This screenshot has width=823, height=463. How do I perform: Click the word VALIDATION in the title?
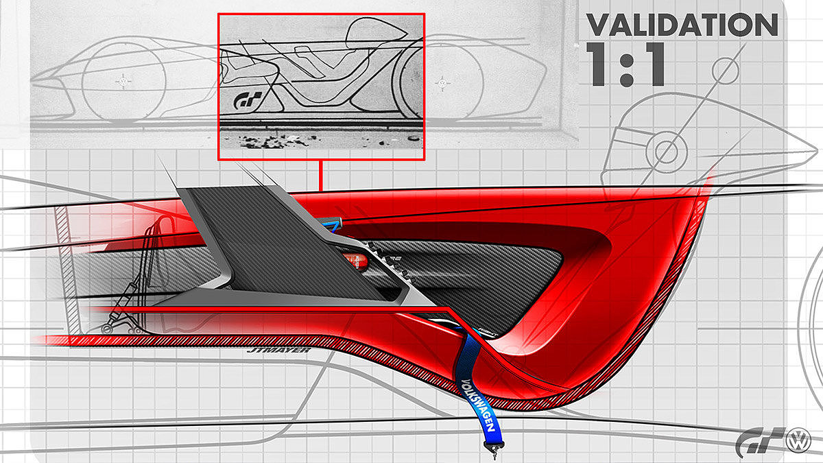(682, 25)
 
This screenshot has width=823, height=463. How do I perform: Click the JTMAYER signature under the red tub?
(278, 351)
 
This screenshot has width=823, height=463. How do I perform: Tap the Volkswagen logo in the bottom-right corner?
(797, 440)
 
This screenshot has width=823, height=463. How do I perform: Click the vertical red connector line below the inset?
(320, 175)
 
